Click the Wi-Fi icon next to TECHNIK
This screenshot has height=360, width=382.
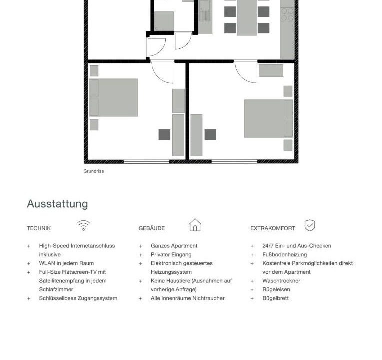pos(83,226)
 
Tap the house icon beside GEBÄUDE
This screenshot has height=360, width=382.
pos(195,225)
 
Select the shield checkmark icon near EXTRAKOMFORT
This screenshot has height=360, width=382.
pos(310,225)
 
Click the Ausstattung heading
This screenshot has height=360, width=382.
pos(57,204)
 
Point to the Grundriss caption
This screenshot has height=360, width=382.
pos(94,171)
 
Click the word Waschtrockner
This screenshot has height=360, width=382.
pos(281,281)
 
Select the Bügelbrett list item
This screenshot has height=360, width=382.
pos(276,298)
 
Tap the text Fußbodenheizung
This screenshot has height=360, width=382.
pos(285,255)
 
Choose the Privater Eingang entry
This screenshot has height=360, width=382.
pos(171,255)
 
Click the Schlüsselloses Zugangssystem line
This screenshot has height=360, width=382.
pos(78,298)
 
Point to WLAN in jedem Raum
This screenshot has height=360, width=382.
pos(66,263)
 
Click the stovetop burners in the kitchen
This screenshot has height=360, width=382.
pos(287,14)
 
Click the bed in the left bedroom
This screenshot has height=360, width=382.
pos(114,97)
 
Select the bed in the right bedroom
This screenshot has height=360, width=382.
pos(269,118)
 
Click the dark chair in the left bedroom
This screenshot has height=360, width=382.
pos(164,134)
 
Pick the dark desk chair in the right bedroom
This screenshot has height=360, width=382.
pos(210,134)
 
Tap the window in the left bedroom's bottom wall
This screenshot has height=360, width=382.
pos(147,161)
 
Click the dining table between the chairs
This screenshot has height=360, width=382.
pos(247,17)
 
